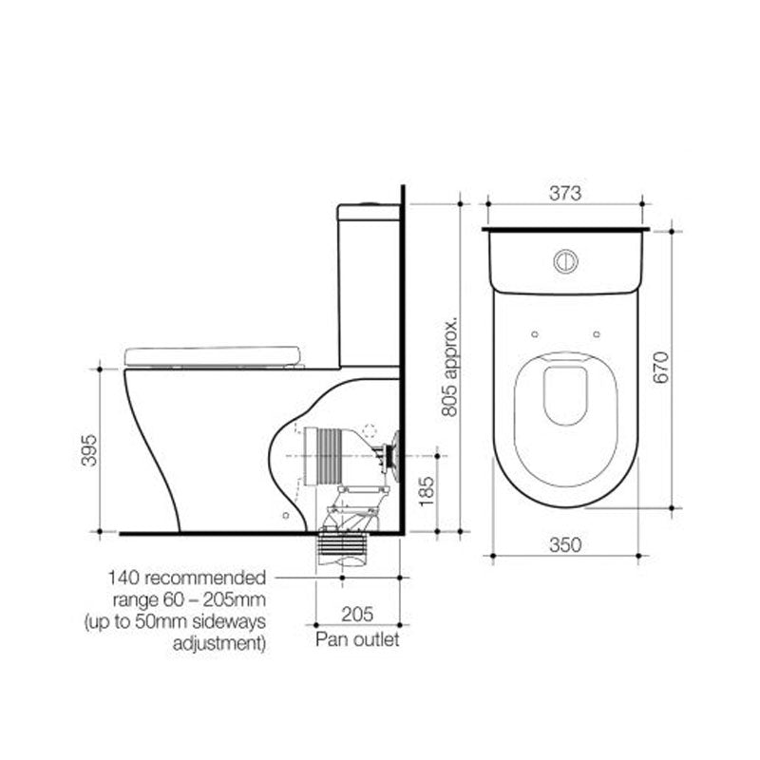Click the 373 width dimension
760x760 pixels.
click(565, 192)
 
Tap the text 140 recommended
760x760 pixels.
click(186, 578)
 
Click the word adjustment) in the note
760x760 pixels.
click(218, 643)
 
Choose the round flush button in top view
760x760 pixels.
click(565, 257)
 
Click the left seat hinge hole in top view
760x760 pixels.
click(535, 333)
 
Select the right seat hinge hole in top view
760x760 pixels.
click(596, 333)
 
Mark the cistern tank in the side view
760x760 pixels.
click(370, 285)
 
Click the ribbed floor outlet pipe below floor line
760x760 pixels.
click(343, 550)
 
